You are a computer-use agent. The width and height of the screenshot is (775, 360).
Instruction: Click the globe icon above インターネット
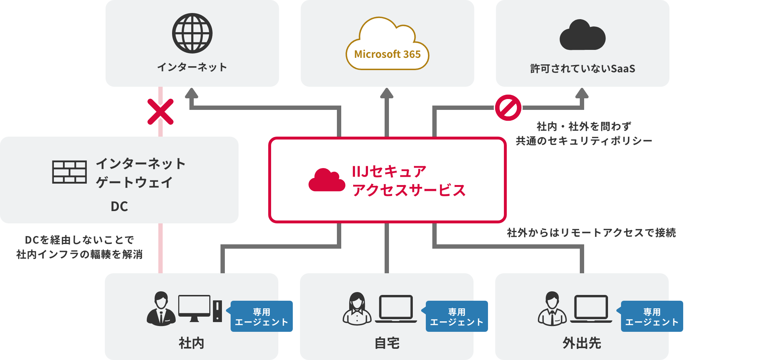pos(192,33)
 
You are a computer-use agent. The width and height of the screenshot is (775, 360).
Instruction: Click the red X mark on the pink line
pos(160,112)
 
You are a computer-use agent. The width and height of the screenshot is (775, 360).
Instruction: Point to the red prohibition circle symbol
pos(508,108)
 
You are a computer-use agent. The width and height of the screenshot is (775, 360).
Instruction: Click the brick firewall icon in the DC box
pos(69,172)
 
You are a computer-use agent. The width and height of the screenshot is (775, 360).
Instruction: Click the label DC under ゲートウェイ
pos(119,206)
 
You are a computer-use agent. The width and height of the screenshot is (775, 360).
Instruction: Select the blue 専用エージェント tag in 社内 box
pos(262,316)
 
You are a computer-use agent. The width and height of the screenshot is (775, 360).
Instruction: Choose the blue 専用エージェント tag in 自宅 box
pos(457,316)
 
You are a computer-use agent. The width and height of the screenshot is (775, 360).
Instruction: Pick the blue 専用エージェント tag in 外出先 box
pos(652,316)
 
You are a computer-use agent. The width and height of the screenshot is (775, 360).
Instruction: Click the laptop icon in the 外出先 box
pos(591,309)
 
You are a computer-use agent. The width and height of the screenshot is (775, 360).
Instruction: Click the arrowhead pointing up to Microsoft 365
pos(387,93)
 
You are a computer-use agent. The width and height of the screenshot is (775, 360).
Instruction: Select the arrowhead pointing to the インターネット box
pos(192,93)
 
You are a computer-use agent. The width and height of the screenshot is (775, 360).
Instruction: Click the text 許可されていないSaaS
pos(582,68)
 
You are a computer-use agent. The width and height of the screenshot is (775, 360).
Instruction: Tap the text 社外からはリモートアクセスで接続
pos(591,232)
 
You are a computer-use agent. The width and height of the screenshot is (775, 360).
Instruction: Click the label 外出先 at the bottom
pos(582,343)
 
